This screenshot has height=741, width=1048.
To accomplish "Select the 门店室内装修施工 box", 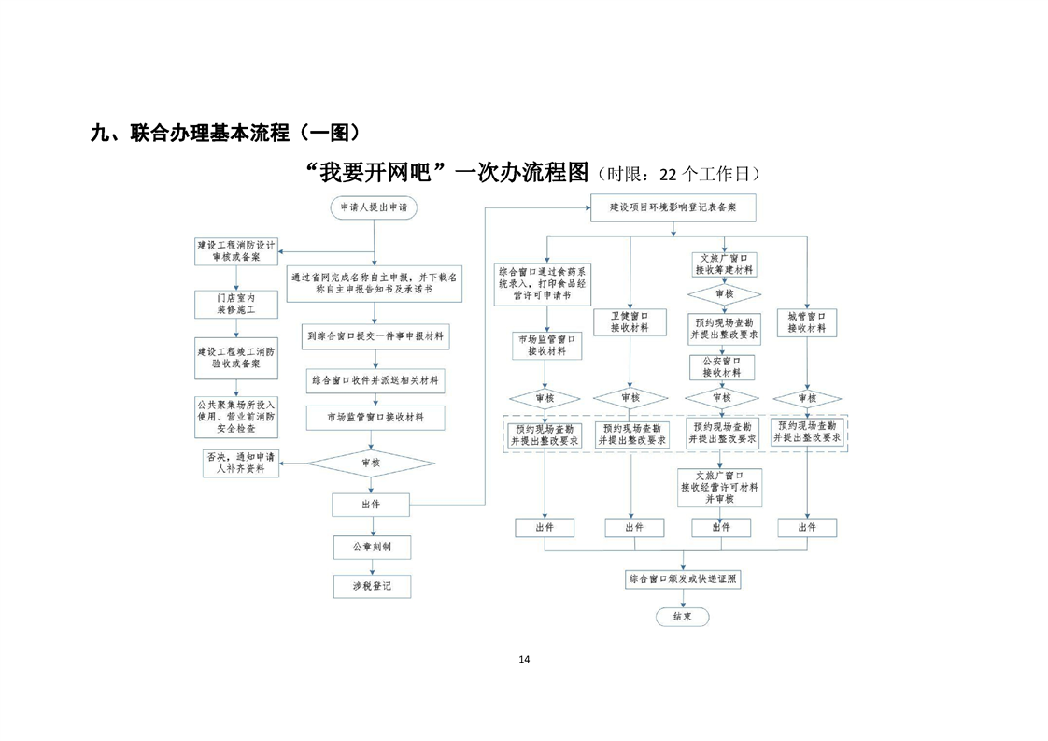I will pyautogui.click(x=235, y=303).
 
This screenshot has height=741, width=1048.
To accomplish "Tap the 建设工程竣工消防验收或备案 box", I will pyautogui.click(x=235, y=357).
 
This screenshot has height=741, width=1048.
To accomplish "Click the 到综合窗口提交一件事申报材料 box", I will pyautogui.click(x=375, y=335).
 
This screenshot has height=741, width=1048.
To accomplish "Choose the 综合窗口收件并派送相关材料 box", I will pyautogui.click(x=375, y=380).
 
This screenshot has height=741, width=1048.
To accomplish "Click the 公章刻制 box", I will pyautogui.click(x=371, y=547).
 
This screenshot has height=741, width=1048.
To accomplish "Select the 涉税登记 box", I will pyautogui.click(x=371, y=586).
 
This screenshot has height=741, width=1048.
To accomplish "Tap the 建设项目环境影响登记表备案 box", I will pyautogui.click(x=672, y=207).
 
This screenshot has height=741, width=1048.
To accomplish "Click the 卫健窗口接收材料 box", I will pyautogui.click(x=630, y=322).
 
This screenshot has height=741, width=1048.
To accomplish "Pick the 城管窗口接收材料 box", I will pyautogui.click(x=806, y=322).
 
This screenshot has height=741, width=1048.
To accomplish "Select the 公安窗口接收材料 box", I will pyautogui.click(x=722, y=366).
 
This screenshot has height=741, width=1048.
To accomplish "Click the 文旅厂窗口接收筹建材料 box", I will pyautogui.click(x=722, y=264).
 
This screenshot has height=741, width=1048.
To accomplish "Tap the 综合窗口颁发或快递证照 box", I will pyautogui.click(x=683, y=579).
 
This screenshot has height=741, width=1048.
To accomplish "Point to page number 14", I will pyautogui.click(x=523, y=660).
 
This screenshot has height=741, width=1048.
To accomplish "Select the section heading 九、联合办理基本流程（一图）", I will pyautogui.click(x=225, y=133).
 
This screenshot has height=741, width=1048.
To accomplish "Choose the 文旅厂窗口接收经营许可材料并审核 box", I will pyautogui.click(x=720, y=487).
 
